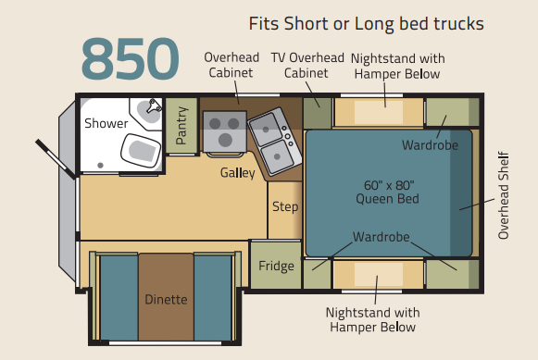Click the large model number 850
point(131,58)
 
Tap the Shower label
point(106,123)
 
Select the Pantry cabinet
point(181,126)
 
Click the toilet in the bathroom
point(141,151)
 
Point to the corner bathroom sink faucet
point(154,106)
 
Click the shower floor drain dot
point(100,166)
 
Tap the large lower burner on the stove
point(225,140)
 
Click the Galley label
point(238,173)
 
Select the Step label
point(285,206)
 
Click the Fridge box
point(276,266)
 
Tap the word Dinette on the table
point(166,300)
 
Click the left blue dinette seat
point(119,297)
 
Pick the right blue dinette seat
point(213,297)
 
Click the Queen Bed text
point(387,199)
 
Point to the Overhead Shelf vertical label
point(504,195)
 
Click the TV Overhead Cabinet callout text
point(307,65)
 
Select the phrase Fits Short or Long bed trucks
point(366,24)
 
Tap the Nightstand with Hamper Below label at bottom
point(372,319)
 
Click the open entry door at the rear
point(56,159)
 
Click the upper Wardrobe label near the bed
point(430,145)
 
